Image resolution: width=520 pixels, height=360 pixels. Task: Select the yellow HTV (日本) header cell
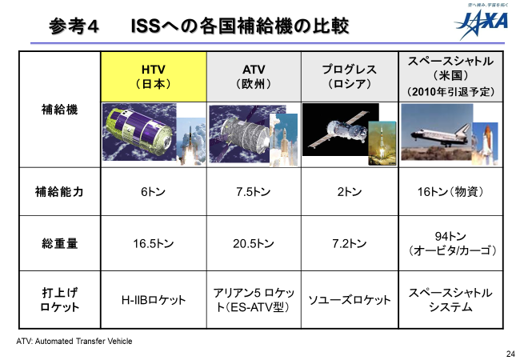tap(154, 77)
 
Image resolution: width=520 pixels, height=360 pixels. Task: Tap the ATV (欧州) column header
tap(254, 77)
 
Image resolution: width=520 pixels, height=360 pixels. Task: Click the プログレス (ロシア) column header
tap(350, 77)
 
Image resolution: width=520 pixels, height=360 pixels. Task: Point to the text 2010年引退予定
tap(450, 92)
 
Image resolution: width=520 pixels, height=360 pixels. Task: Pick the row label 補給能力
tap(59, 192)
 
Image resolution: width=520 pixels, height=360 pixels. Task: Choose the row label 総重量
tap(60, 244)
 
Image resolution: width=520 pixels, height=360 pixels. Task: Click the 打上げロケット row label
tap(60, 300)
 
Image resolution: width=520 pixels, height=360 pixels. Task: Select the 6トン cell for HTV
tap(154, 192)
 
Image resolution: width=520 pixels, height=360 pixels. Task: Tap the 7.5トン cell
tap(254, 192)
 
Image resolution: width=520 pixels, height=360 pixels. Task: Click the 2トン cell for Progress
tap(350, 192)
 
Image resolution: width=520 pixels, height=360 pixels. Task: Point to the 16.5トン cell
tap(154, 244)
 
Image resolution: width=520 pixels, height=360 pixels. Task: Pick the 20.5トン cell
tap(254, 244)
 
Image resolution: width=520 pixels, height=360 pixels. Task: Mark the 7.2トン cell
tap(350, 244)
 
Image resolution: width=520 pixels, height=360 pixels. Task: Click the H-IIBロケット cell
tap(154, 300)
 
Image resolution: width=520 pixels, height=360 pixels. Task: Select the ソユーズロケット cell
tap(350, 300)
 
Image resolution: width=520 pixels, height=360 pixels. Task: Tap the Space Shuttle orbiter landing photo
tap(437, 132)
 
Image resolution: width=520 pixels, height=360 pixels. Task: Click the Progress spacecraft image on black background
tap(340, 130)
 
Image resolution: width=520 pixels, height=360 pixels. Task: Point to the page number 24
tap(510, 354)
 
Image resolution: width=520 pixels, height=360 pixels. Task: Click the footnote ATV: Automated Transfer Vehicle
tap(74, 341)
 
